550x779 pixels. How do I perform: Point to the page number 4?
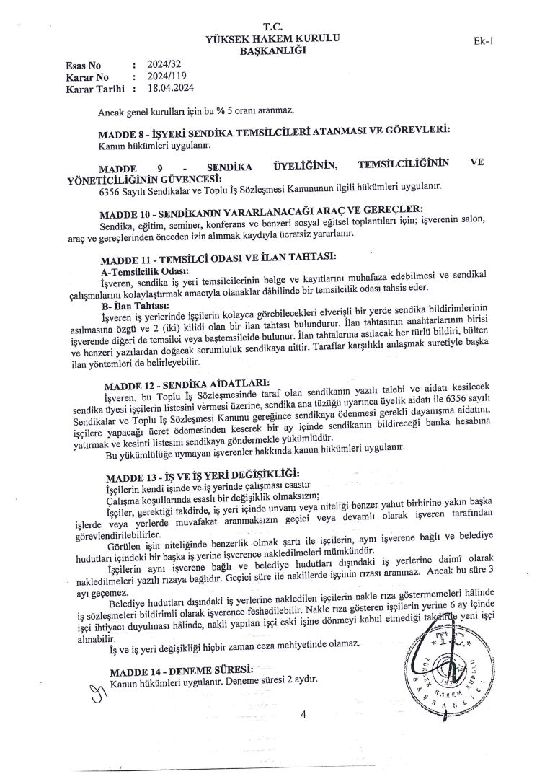303,714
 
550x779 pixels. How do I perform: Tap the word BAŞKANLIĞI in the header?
273,50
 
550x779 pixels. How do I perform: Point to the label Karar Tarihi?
94,89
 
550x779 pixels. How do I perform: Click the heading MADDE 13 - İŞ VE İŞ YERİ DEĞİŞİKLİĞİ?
202,476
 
